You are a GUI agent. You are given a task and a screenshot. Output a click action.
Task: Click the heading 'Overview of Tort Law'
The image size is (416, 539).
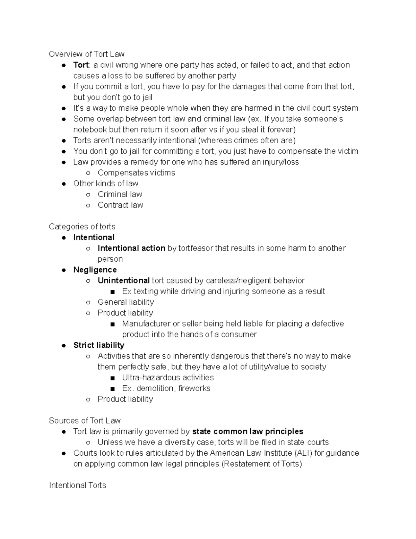click(87, 54)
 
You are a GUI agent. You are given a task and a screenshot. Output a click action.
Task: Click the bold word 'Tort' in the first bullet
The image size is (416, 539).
click(81, 65)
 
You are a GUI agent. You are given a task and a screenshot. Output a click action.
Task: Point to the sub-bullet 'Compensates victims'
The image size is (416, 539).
click(136, 172)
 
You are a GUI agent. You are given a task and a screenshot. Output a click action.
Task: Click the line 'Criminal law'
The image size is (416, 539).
click(120, 194)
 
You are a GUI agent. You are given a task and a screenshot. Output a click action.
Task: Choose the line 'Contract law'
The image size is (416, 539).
click(120, 205)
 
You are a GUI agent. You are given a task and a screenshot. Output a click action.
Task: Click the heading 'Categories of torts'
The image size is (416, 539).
click(82, 227)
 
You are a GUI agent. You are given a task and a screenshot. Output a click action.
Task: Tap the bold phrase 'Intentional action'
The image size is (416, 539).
click(131, 248)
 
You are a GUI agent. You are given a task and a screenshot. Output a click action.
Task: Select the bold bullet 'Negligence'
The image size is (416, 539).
click(95, 270)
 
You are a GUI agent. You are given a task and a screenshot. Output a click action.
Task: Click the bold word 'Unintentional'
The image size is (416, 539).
click(124, 280)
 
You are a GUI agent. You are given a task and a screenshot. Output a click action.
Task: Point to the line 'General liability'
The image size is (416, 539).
click(126, 302)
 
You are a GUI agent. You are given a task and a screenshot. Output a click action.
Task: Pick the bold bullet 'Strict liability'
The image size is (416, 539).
click(99, 345)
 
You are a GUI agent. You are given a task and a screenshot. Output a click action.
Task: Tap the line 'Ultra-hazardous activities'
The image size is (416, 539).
click(168, 377)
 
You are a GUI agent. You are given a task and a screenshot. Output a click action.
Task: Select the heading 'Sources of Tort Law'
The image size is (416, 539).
click(85, 421)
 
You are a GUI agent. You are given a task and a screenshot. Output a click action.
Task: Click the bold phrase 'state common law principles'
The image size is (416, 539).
click(248, 431)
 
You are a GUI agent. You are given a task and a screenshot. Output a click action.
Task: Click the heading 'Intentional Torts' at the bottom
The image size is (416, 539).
click(77, 485)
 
